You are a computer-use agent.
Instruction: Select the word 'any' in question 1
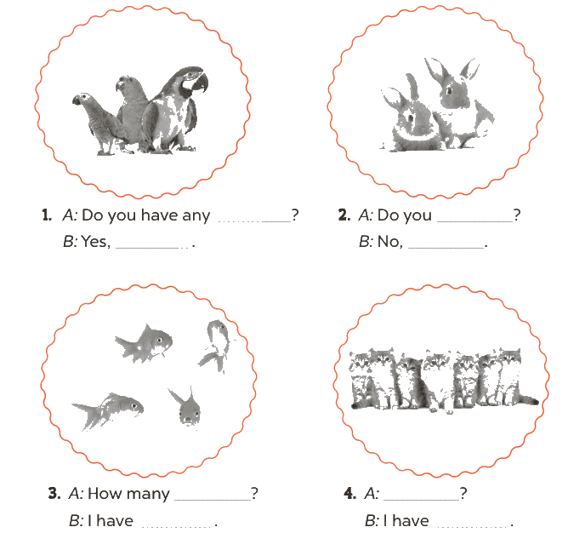pos(196,216)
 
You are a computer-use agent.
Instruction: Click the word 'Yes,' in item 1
pos(95,242)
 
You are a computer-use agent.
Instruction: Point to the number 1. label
pos(47,215)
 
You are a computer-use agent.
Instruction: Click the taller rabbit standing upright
pos(457,103)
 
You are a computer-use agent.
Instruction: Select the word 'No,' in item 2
pos(389,242)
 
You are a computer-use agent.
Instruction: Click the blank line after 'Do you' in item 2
pos(475,221)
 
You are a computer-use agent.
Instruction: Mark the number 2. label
pos(344,215)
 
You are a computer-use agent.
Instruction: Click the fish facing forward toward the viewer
pos(186,406)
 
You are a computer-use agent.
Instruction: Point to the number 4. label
pos(350,494)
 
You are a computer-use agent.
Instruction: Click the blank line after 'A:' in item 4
pos(421,500)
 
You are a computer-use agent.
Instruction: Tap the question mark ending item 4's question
pos(463,494)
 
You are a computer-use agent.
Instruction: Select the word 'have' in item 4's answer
pos(411,521)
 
